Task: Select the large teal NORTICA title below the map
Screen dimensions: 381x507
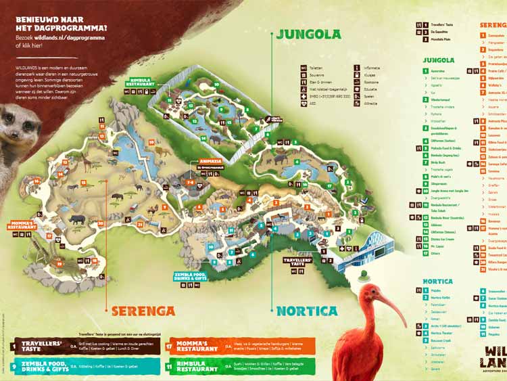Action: (x=306, y=311)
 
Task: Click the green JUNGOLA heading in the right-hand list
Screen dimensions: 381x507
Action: (x=439, y=60)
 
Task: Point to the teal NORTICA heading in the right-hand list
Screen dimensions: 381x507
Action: (x=437, y=281)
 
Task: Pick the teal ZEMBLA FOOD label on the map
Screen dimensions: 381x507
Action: (x=190, y=277)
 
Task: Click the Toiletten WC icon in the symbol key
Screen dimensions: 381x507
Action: (x=286, y=68)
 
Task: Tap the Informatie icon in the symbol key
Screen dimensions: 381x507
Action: (x=356, y=68)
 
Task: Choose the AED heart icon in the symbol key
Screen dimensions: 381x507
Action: (x=286, y=104)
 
